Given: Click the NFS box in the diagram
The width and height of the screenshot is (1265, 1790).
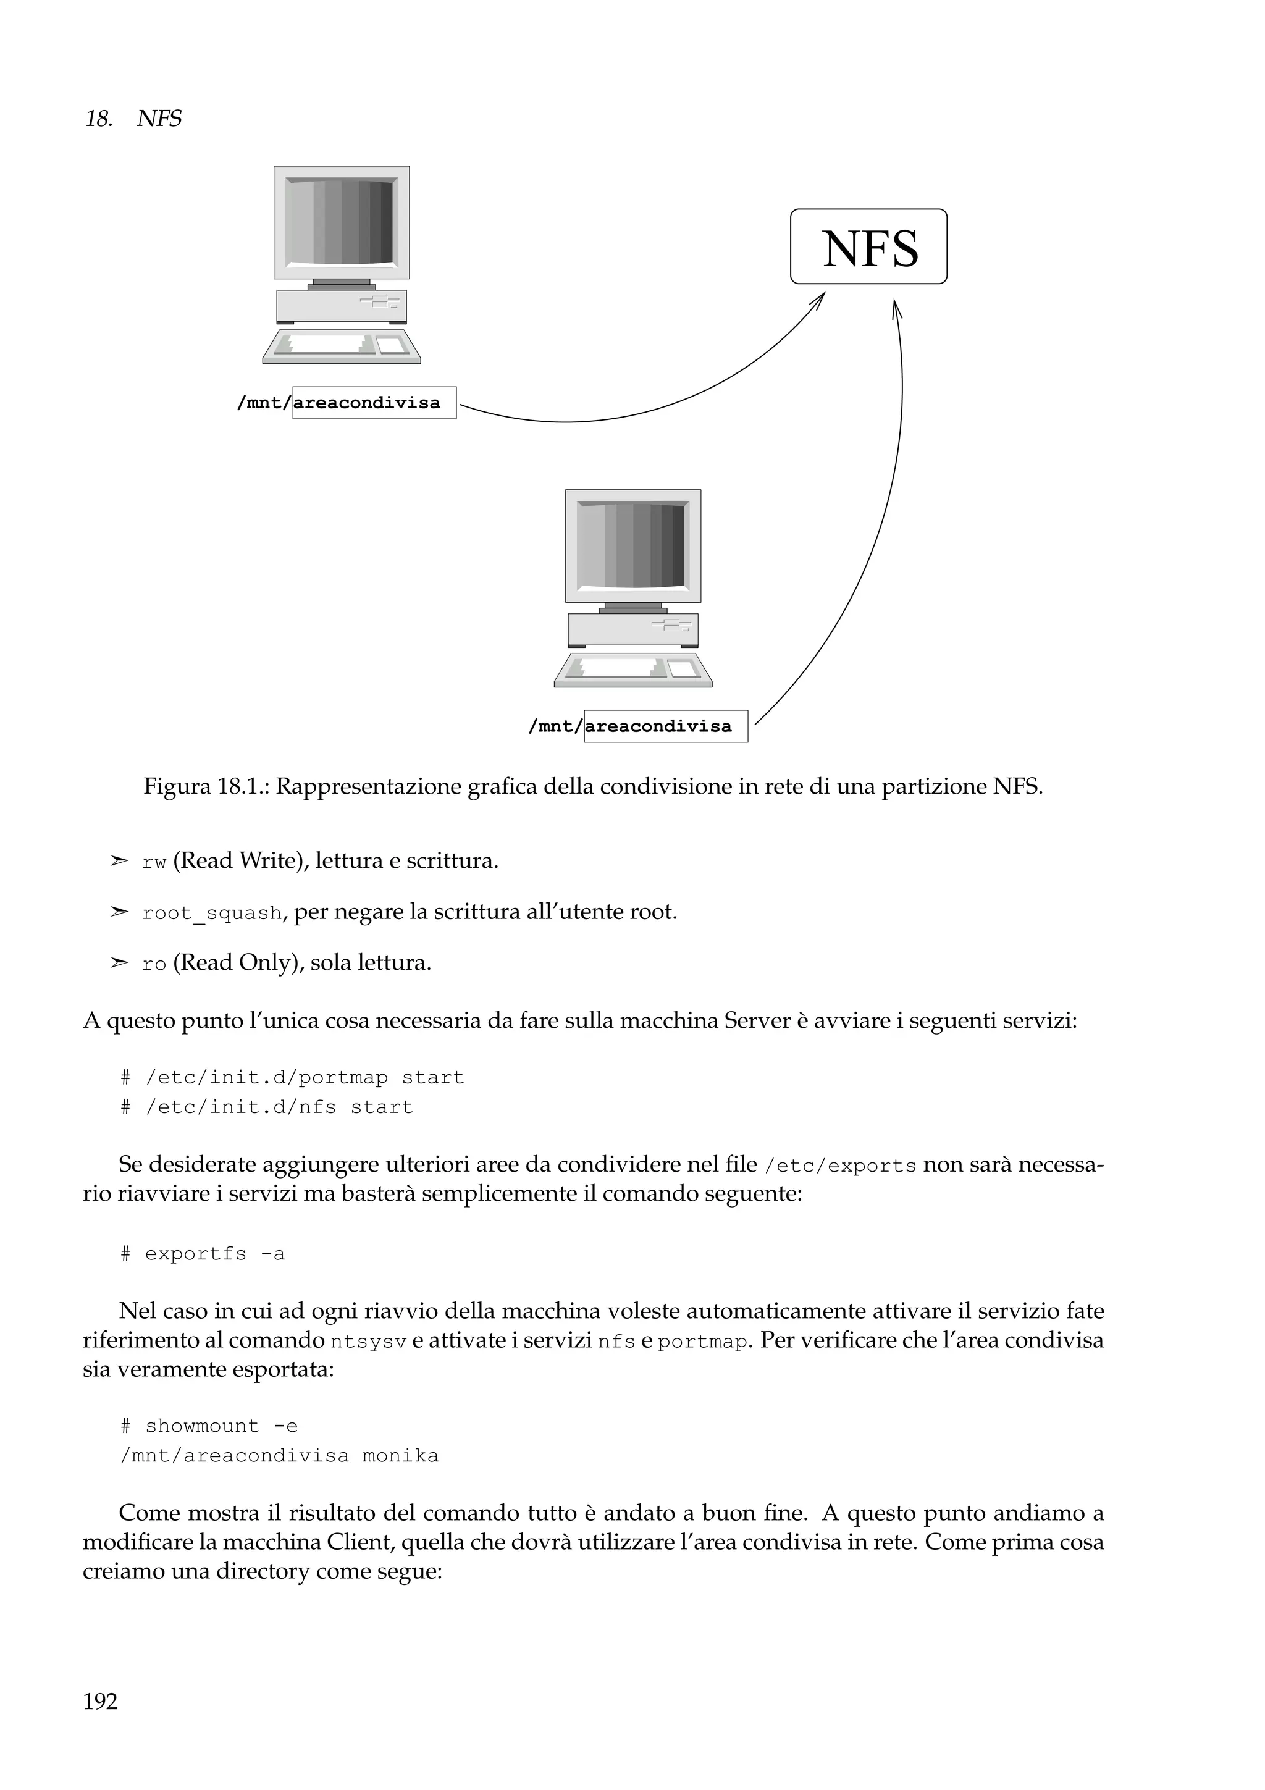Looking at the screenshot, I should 868,246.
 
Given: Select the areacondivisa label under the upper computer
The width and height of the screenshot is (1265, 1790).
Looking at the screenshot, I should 374,403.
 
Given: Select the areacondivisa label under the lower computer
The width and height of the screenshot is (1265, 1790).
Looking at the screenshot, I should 666,726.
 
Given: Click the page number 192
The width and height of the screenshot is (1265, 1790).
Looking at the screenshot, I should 101,1701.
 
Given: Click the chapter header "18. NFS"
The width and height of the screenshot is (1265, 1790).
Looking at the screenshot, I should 133,119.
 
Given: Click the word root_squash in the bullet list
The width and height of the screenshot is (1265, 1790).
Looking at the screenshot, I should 212,913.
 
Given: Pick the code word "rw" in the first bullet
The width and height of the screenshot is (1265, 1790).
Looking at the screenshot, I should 154,862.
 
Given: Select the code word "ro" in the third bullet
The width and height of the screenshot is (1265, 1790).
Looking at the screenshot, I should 154,964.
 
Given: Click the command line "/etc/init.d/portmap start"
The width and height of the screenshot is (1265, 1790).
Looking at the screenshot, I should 304,1077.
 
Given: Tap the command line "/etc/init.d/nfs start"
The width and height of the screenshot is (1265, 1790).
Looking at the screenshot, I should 278,1107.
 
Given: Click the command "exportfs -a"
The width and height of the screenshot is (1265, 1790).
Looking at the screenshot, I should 214,1254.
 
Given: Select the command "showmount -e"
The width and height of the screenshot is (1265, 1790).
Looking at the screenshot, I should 221,1427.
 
